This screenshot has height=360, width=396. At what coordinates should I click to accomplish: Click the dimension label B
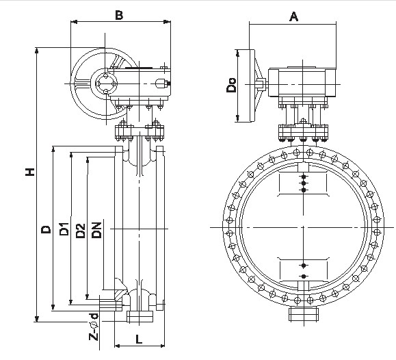click(119, 15)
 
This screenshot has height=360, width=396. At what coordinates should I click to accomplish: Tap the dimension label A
click(293, 16)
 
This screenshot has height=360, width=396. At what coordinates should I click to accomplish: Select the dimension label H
click(30, 172)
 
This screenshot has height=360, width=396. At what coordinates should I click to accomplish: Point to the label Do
click(231, 85)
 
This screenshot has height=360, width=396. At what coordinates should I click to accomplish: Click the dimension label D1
click(64, 229)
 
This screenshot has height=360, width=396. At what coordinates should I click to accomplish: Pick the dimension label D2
click(80, 231)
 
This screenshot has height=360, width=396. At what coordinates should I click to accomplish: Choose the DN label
click(96, 230)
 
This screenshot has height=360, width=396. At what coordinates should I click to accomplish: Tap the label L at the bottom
click(139, 339)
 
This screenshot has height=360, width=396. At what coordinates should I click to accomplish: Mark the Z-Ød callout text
click(94, 327)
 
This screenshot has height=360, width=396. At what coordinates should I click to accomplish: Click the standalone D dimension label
click(47, 229)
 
